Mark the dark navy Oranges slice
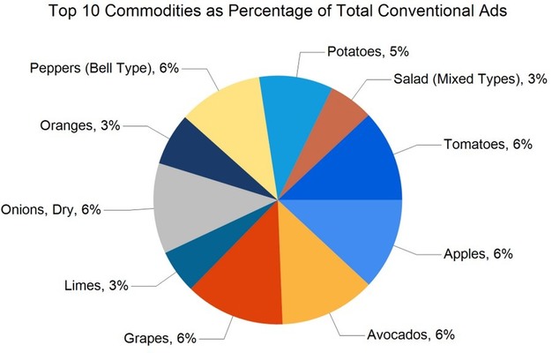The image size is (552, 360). coord(190,155)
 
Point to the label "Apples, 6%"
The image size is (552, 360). coord(478,254)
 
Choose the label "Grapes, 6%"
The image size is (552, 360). coord(160,337)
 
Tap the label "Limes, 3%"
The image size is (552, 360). coord(96,284)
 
